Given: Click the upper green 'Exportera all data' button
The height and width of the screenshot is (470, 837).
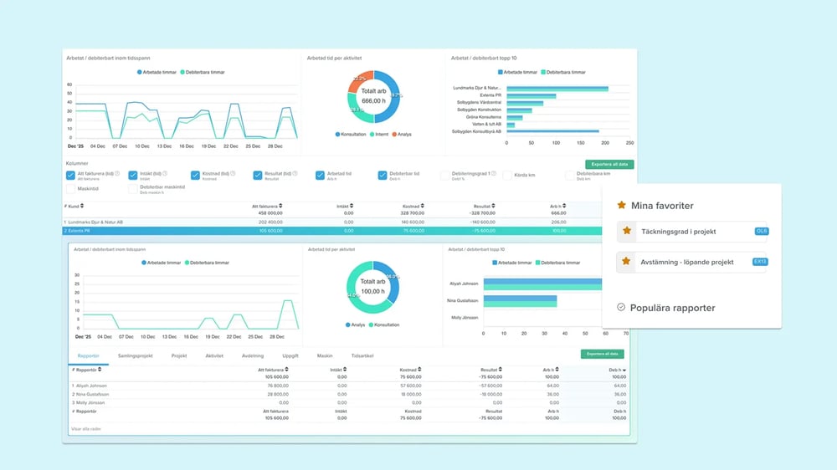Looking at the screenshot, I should pos(609,165).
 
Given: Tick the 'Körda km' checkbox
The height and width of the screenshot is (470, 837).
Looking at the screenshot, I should pos(507,175).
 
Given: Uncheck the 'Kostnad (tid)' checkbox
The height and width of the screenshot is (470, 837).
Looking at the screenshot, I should pos(195,175).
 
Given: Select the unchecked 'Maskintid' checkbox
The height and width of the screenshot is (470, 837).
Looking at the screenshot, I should pos(70,189).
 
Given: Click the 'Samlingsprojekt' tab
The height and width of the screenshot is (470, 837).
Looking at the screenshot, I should pos(136,355).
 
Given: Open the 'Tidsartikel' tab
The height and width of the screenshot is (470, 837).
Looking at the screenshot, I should pos(362,355).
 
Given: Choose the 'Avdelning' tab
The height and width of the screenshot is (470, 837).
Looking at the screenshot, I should pos(252,355).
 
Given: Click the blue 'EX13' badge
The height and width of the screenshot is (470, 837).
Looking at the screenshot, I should pos(760,262).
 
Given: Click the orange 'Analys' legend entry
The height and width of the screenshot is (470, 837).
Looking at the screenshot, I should pos(401,134).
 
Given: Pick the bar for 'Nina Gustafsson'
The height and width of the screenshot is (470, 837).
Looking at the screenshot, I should pos(520,300).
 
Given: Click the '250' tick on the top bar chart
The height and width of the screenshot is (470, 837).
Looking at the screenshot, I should pos(629,143).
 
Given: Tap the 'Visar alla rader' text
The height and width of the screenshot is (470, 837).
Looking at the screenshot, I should pos(86,429).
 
